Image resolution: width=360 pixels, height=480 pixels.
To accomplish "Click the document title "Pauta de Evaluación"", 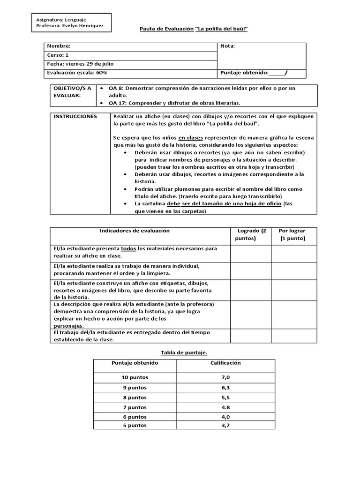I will pos(166,29).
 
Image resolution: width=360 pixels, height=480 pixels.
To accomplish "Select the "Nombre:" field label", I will pos(59,46).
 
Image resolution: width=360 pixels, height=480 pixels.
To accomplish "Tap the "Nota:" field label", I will pos(227,46).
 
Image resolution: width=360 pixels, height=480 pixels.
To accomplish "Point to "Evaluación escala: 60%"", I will pos(77,73).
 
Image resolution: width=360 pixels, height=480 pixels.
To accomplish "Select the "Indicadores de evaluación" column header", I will pos(128,231).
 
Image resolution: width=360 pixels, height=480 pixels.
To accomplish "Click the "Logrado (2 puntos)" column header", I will pos(250,234).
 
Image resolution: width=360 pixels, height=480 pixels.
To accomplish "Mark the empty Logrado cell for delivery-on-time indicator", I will pos(250,336).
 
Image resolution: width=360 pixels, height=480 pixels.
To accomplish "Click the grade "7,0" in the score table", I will pos(225,377).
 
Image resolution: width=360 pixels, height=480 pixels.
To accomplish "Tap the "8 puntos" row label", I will pos(135,397).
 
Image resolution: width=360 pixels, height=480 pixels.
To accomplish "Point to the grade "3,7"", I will pos(225,425).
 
